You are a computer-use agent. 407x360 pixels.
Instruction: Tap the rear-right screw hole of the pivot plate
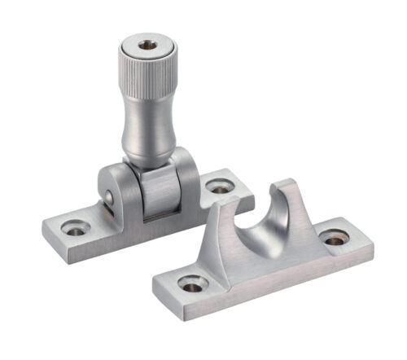[219, 187]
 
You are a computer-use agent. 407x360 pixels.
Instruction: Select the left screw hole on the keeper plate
[193, 285]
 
